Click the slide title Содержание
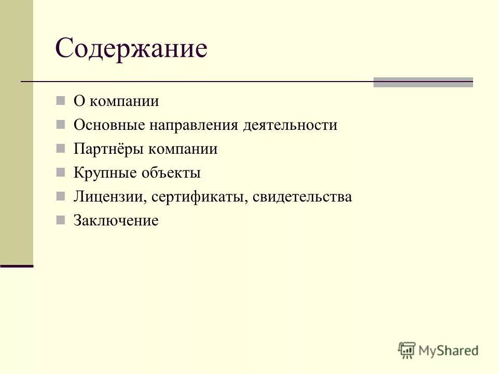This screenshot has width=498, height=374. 131,49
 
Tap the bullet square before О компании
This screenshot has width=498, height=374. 61,100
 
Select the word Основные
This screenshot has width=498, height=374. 109,125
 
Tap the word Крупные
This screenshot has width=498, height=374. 104,173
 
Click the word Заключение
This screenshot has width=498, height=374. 116,221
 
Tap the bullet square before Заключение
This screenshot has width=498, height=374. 61,220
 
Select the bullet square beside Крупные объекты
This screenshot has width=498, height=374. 61,172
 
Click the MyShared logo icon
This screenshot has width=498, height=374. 407,350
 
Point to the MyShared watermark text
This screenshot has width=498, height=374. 449,351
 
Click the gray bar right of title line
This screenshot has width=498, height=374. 423,82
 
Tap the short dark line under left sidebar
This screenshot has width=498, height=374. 17,266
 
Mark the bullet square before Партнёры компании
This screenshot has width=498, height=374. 61,149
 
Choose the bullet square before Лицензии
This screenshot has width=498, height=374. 61,196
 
